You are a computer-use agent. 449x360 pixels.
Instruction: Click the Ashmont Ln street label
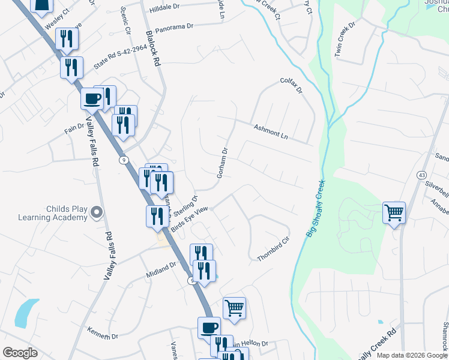(271, 132)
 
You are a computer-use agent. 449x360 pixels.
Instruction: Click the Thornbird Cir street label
(273, 248)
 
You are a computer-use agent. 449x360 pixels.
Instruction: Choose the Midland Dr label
(161, 268)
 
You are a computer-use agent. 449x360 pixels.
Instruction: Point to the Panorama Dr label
(174, 28)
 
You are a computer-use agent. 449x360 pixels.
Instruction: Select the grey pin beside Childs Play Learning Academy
(96, 212)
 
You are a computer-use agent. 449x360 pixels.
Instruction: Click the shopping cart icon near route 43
(394, 212)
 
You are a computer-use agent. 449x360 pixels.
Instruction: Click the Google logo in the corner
(20, 352)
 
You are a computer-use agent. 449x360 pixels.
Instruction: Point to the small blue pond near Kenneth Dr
(25, 313)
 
